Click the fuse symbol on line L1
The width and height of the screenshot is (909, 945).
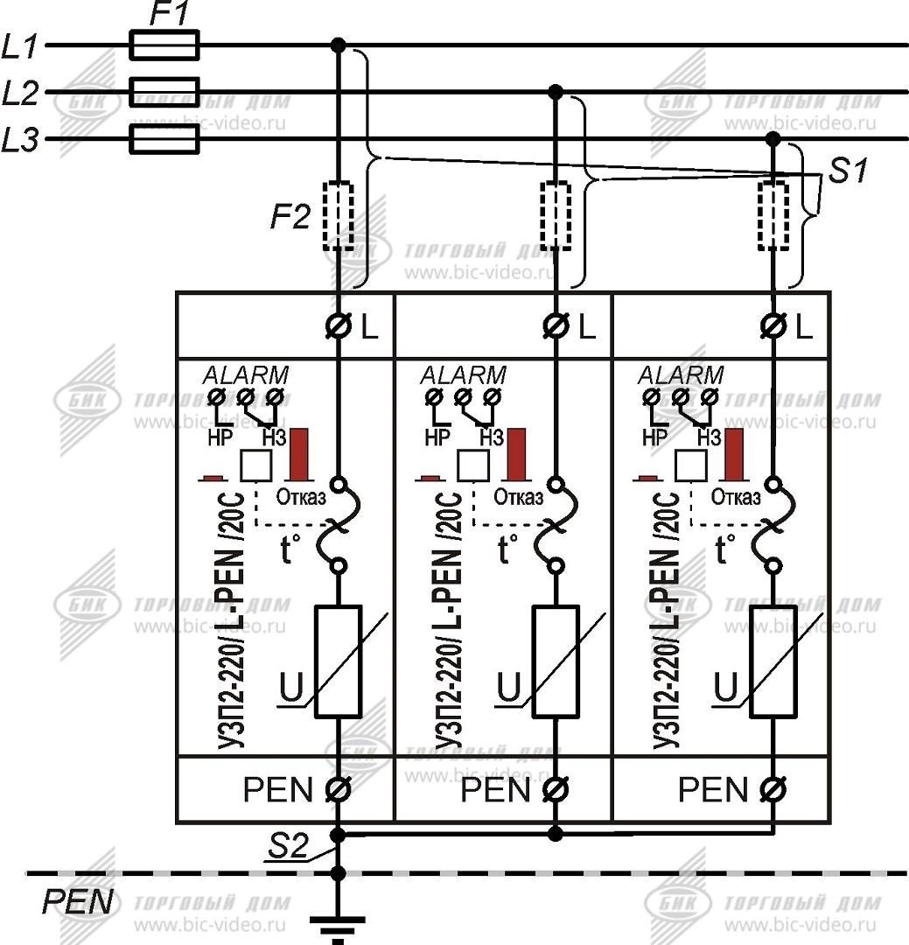tap(164, 45)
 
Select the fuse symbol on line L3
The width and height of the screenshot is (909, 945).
tap(164, 139)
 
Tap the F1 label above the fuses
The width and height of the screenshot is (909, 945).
tap(168, 14)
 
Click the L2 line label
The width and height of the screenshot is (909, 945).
tap(21, 92)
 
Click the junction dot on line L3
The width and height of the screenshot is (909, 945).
tap(773, 139)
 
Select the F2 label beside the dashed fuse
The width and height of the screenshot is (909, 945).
tap(290, 216)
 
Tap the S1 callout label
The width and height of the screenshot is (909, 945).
tap(848, 171)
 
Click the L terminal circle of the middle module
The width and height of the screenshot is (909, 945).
tap(556, 327)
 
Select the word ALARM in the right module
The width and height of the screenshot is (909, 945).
tap(681, 375)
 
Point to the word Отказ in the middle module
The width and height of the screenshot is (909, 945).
tap(518, 497)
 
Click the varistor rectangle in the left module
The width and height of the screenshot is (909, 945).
tap(339, 661)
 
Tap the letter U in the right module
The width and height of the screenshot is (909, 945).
tap(725, 689)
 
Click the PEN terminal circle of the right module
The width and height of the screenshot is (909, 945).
tap(773, 789)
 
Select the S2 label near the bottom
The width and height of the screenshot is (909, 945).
tap(290, 847)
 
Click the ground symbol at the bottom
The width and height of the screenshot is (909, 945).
tap(339, 925)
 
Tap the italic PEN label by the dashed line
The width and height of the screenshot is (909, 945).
tap(78, 901)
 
